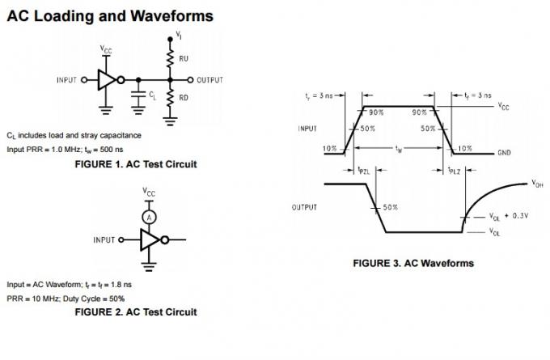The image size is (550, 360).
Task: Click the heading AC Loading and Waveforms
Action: coord(110,15)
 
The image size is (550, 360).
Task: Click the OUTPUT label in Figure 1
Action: coord(209,80)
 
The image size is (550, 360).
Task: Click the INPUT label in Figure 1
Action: coord(67,80)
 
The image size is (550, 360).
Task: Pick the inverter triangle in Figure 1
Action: coord(106,80)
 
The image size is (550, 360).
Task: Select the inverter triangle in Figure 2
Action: coord(150,239)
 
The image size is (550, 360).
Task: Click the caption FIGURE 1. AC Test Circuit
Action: coord(136,164)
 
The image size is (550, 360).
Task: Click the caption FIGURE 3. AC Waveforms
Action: coord(413,263)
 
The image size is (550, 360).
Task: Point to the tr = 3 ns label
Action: coord(319,96)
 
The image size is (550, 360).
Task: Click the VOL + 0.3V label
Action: coord(508,216)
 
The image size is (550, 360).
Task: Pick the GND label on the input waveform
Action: coord(504,152)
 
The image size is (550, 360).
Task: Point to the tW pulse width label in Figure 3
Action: coord(398,150)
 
